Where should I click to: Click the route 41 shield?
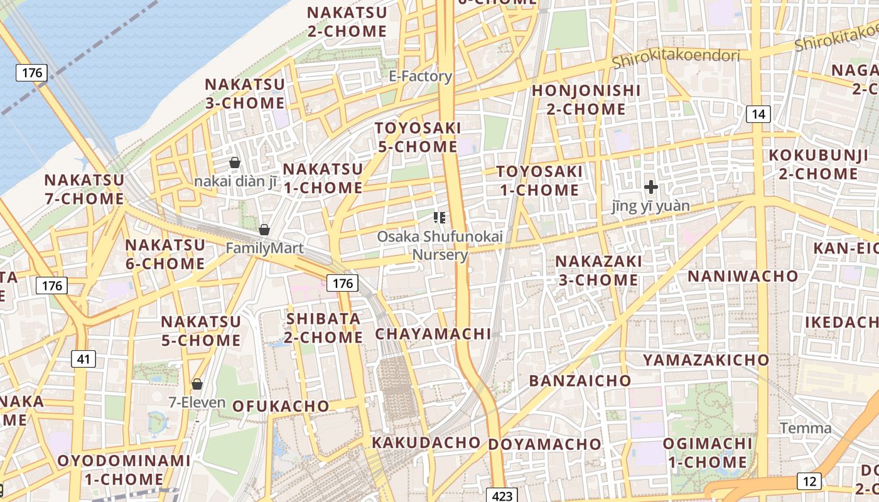84,359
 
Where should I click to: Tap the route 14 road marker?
758,114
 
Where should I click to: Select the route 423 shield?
502,496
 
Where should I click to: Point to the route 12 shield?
809,481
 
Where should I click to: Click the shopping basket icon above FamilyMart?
264,230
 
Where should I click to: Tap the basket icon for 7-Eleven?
197,383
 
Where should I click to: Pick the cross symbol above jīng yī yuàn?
651,186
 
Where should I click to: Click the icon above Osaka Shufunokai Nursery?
439,218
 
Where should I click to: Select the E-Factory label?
420,77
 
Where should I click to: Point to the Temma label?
806,429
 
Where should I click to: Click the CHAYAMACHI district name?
433,334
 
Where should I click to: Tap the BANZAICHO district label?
580,380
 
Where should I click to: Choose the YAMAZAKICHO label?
705,360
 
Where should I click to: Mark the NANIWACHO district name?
743,276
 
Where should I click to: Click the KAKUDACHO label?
426,442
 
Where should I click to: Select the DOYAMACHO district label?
544,444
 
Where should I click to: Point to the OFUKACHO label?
281,406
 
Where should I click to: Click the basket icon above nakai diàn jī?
235,163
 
